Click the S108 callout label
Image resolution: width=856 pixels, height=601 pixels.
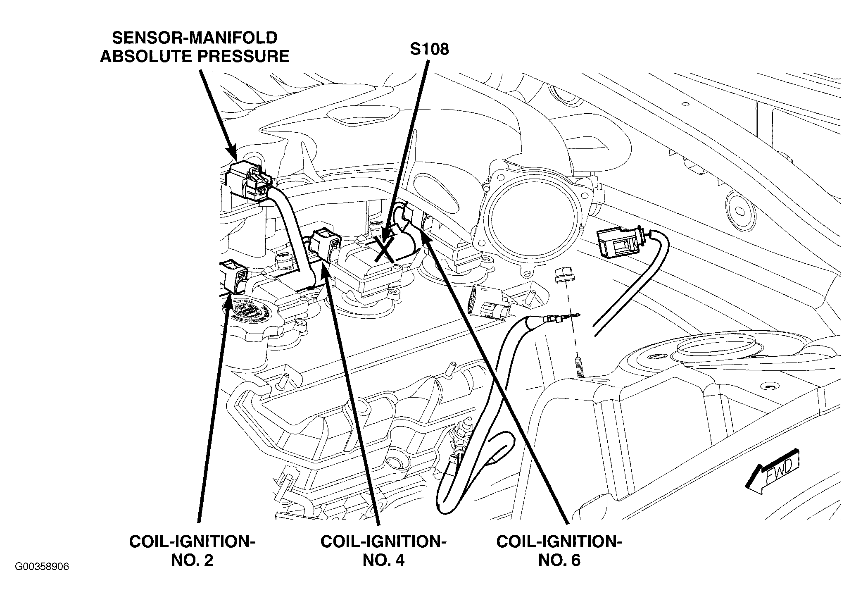click(429, 49)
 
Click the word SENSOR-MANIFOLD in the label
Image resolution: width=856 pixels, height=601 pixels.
click(195, 38)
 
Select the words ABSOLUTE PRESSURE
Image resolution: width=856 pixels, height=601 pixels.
click(195, 56)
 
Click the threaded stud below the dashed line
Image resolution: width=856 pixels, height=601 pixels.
click(579, 365)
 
